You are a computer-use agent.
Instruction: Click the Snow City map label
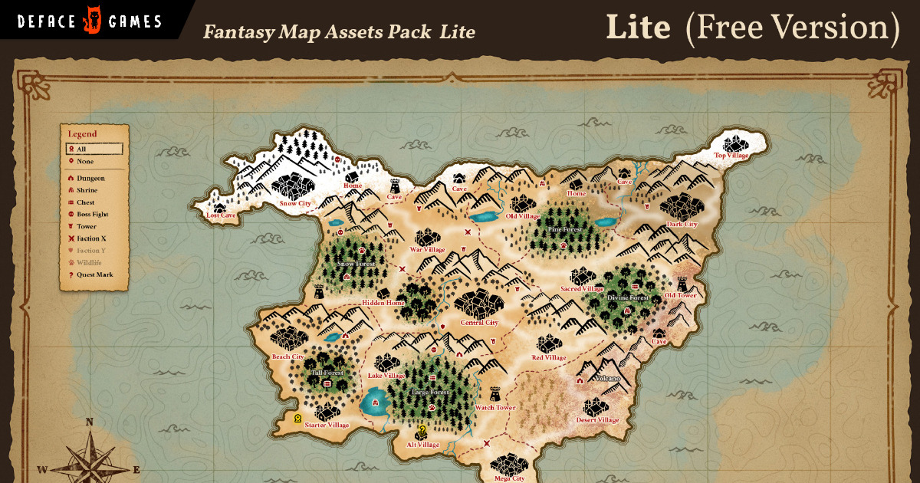pyautogui.click(x=295, y=204)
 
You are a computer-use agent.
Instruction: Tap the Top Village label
pyautogui.click(x=731, y=156)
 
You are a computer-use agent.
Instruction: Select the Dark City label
pyautogui.click(x=682, y=225)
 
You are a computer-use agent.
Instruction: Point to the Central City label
pyautogui.click(x=480, y=323)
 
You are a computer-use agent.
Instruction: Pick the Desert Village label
pyautogui.click(x=597, y=420)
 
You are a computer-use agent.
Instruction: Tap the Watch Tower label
pyautogui.click(x=495, y=408)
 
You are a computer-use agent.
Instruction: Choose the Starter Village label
pyautogui.click(x=327, y=426)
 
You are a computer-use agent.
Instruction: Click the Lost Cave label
pyautogui.click(x=221, y=216)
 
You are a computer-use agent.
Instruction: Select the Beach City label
pyautogui.click(x=288, y=357)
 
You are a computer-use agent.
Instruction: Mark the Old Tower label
pyautogui.click(x=680, y=296)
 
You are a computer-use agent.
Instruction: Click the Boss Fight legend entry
pyautogui.click(x=92, y=215)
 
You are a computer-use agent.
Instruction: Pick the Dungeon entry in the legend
pyautogui.click(x=90, y=178)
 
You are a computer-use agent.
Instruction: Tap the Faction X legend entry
pyautogui.click(x=91, y=238)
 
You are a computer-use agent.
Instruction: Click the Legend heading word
pyautogui.click(x=83, y=134)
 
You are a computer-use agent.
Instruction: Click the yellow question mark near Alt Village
pyautogui.click(x=422, y=430)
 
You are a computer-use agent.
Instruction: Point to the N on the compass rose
pyautogui.click(x=89, y=422)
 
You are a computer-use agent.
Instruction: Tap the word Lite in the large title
pyautogui.click(x=638, y=28)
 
